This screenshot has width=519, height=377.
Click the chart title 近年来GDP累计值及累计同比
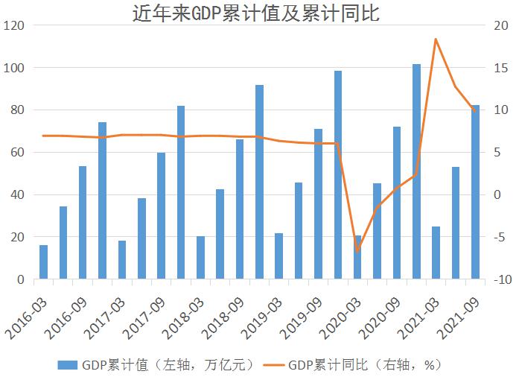click(260, 13)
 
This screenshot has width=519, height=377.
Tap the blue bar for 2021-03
click(436, 253)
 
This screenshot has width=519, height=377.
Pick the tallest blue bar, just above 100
click(416, 172)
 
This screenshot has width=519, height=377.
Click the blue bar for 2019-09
click(318, 204)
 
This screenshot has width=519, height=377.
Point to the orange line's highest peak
click(436, 39)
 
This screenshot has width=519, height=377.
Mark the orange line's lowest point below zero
click(357, 250)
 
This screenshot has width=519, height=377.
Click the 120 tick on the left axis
click(16, 25)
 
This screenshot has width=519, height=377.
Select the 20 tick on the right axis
click(500, 25)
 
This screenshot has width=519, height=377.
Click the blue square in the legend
click(68, 364)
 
